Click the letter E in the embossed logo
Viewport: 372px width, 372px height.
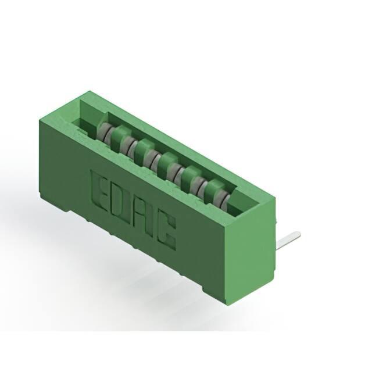[99, 185]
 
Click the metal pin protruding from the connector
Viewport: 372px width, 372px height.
[288, 240]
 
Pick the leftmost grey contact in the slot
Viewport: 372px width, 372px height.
[104, 133]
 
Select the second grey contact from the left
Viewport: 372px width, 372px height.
[128, 146]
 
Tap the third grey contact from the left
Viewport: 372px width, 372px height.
[150, 159]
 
